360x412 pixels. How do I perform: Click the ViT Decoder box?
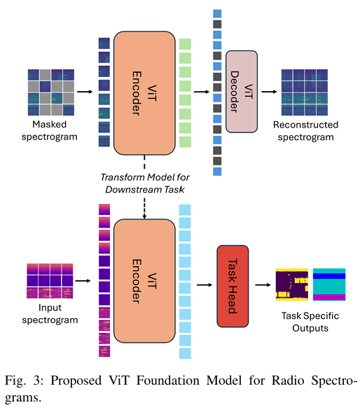point(242,91)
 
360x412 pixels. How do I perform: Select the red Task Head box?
point(233,286)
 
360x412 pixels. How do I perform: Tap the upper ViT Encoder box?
point(144,93)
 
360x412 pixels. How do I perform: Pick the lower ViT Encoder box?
point(144,281)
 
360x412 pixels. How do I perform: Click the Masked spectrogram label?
point(49,130)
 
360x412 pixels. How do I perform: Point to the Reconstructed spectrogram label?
point(305,131)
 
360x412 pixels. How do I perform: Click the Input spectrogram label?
point(50,314)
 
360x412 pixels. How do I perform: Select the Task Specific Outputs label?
point(310,322)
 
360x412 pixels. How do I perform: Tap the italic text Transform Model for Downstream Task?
point(145,184)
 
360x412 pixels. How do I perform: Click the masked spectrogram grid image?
point(51,92)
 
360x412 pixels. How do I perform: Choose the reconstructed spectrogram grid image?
point(305,92)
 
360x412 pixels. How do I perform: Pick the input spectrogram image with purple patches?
point(50,281)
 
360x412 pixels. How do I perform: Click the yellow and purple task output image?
point(292,284)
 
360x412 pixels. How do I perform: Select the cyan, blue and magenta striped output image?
point(329,284)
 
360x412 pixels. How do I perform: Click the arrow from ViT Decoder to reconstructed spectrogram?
point(269,92)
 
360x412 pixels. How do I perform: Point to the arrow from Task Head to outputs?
point(263,284)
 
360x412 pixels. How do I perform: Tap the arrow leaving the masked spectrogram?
point(85,92)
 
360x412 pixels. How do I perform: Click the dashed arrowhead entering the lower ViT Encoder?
point(144,217)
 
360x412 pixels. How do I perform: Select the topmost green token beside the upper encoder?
point(185,44)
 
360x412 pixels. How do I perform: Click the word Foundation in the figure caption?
point(168,380)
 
